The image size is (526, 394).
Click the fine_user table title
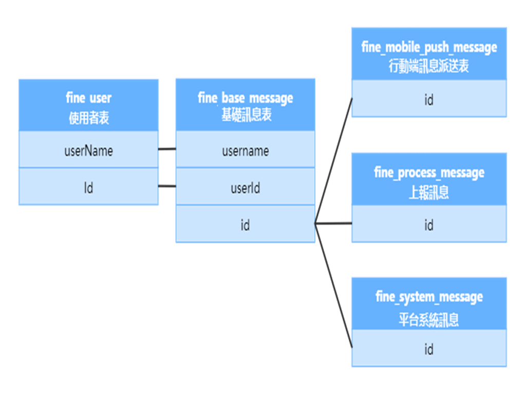pos(88,97)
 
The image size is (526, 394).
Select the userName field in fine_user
pos(88,151)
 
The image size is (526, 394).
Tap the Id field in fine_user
pos(88,188)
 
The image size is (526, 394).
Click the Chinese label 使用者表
pos(88,118)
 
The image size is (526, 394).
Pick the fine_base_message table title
pos(245,97)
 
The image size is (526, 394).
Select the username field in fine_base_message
pos(245,151)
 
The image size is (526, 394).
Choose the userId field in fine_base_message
pos(245,188)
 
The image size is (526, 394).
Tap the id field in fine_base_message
pos(245,225)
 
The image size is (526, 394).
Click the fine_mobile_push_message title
pos(429,47)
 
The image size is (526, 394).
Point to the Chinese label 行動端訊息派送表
pos(429,67)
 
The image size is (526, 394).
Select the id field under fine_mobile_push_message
pos(429,100)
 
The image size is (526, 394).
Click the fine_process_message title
pos(429,172)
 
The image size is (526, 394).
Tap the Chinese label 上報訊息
pos(429,192)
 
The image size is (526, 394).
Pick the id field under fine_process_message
pos(429,225)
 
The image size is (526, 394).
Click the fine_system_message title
pos(429,297)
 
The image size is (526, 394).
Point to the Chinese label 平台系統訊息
pos(429,320)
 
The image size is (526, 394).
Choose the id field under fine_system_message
pos(429,349)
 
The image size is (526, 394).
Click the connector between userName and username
pos(167,149)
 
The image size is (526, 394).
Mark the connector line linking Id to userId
pos(167,186)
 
